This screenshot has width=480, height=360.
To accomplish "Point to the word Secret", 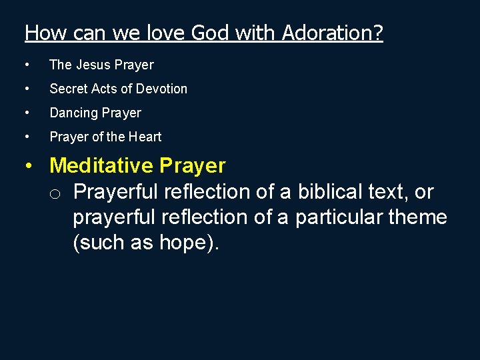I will click(x=69, y=89).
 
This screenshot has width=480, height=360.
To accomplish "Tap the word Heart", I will click(x=145, y=137).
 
